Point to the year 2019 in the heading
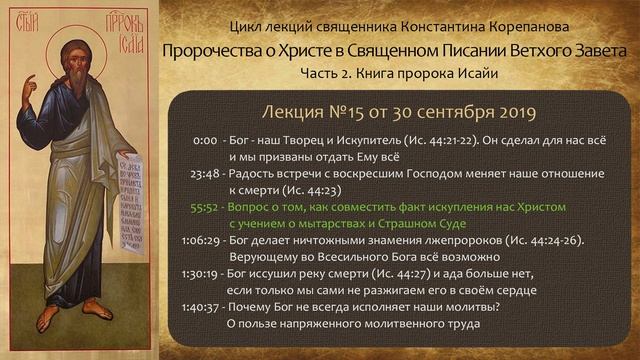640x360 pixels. pos(512,110)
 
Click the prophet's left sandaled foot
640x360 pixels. pos(47,320)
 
